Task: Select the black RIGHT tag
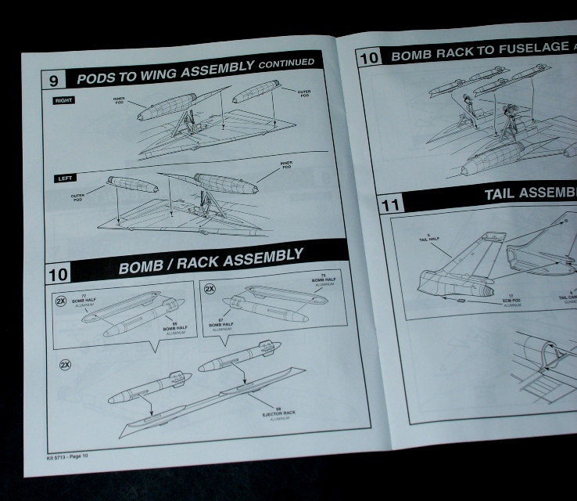64,100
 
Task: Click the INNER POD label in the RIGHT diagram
119,101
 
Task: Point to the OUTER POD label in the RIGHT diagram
304,93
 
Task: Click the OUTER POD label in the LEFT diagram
77,198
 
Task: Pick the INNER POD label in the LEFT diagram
286,165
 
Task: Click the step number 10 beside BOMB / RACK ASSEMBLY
58,272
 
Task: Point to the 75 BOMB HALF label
323,280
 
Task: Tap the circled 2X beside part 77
61,301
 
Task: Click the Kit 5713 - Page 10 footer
68,456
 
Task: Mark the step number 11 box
392,206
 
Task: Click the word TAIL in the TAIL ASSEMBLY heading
504,193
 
